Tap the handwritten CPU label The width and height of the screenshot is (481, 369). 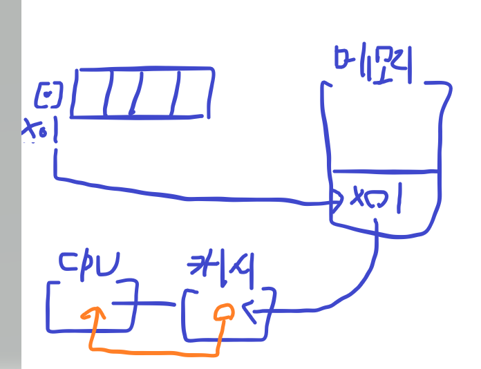[x=88, y=264]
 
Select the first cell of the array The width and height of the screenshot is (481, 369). [x=88, y=93]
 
